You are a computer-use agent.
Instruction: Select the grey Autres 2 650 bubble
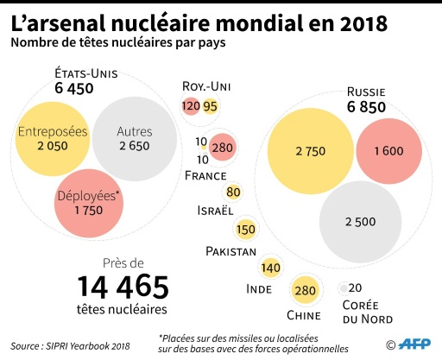134,139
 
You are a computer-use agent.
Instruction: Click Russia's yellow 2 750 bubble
309,151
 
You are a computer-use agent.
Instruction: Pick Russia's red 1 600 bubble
388,151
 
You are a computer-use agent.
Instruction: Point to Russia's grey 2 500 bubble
360,221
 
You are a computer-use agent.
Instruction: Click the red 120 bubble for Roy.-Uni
191,106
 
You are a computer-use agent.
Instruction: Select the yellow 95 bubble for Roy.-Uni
210,106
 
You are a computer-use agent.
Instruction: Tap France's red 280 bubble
223,148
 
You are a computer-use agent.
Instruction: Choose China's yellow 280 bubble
306,290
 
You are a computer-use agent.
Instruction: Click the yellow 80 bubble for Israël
233,192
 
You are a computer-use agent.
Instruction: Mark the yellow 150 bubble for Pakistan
245,230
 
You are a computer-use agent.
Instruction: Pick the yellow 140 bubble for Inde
270,268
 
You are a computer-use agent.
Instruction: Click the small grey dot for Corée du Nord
344,288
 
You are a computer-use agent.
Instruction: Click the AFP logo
412,344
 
